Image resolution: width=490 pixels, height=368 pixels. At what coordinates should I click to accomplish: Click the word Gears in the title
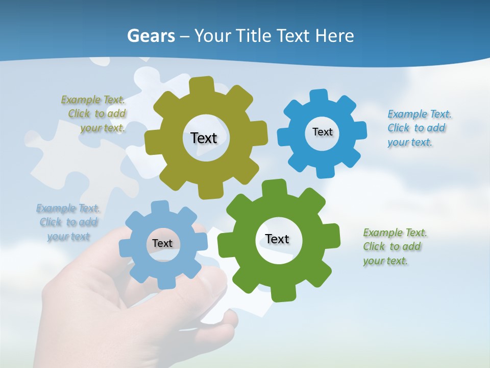coord(151,36)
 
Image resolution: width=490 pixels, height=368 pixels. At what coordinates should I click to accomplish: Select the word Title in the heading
coord(256,36)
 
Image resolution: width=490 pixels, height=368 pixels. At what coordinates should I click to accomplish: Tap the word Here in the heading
coord(334,36)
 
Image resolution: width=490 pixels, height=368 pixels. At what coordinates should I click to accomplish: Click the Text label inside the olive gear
coord(204,138)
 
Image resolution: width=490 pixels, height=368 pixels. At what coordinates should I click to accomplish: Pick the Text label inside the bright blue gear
coord(322,132)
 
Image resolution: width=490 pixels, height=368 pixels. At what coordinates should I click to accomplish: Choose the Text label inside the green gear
coord(277,239)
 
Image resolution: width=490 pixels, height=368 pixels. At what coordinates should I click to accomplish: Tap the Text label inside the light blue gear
coord(162,243)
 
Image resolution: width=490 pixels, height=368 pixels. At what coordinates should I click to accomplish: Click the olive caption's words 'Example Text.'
coord(93,100)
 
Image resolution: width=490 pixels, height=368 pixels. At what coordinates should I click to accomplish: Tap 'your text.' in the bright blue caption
coord(409,143)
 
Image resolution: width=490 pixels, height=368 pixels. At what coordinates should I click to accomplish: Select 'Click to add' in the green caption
coord(392,247)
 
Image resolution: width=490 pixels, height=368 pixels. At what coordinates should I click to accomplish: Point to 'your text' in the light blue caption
coord(68,237)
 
